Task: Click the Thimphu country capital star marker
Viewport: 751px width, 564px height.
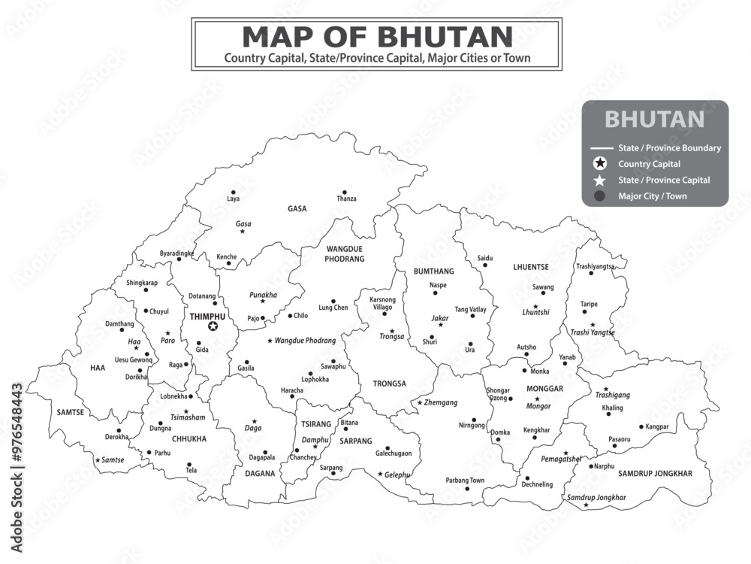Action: (213, 326)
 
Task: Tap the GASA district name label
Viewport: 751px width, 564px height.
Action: (297, 209)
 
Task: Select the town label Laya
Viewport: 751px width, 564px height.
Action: (234, 199)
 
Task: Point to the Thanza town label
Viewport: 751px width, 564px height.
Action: (346, 199)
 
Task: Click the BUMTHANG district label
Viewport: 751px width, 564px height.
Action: (434, 271)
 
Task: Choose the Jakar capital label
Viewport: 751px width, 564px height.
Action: (440, 318)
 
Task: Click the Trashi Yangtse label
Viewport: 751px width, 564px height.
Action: (593, 332)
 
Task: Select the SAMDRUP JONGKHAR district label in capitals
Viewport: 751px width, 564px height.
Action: (655, 473)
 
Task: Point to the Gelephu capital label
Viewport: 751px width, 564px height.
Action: (397, 475)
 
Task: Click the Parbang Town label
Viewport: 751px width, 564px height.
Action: (465, 481)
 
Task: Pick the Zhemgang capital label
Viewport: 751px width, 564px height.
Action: (441, 403)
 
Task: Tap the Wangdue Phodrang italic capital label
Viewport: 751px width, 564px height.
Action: (305, 341)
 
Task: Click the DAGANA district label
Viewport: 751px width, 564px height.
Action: (260, 474)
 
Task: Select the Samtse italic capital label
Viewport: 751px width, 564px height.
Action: (113, 459)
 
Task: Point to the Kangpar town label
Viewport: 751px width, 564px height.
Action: (657, 427)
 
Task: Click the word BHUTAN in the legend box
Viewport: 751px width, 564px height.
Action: (654, 120)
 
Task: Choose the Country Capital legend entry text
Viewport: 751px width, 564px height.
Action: (649, 164)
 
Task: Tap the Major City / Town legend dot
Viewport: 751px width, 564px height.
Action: (599, 196)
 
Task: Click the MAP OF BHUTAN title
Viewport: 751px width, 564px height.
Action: (377, 36)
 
